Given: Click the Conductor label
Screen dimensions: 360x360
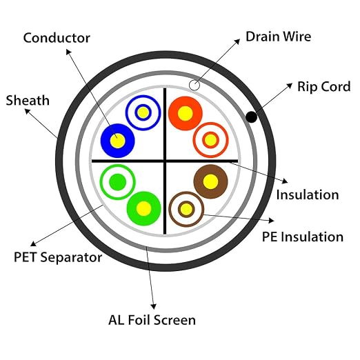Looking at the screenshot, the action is [57, 38].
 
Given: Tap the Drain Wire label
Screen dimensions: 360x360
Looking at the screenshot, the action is [279, 37].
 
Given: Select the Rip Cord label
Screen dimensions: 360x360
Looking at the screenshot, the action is [324, 86].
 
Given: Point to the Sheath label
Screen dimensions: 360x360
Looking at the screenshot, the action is [28, 101].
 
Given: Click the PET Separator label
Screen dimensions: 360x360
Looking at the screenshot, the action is [58, 257].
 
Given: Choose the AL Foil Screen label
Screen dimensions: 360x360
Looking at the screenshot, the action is [152, 320].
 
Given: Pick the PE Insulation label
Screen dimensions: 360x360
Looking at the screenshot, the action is [303, 237].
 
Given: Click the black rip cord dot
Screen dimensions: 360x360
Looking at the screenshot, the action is [251, 117].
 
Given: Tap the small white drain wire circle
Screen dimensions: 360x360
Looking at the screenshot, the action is [194, 86].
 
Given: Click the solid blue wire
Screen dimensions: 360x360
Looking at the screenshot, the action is [118, 141].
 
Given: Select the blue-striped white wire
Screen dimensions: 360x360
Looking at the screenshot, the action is [143, 112].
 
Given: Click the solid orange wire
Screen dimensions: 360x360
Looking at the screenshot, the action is [186, 113].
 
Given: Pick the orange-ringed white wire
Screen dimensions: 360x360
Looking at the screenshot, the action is [210, 140].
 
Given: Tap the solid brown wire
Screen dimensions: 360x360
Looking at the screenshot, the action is [210, 181].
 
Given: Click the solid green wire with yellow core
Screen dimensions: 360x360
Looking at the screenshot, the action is [143, 208].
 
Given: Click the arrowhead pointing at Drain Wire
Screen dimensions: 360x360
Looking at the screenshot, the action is [237, 41].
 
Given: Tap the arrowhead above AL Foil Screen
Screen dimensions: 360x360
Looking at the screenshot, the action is [154, 306].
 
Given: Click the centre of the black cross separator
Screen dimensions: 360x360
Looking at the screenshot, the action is [165, 161].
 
